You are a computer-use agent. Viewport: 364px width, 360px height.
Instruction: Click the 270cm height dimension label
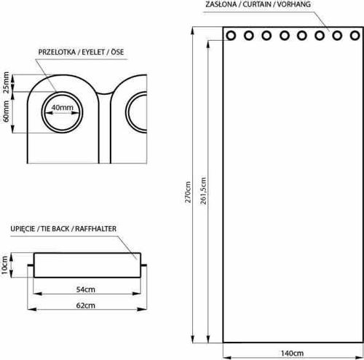click(188, 197)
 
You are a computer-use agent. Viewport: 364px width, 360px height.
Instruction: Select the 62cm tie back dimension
click(87, 305)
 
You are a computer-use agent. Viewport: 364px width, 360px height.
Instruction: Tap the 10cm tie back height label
click(6, 266)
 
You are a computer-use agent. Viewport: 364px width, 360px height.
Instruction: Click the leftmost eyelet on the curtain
click(231, 36)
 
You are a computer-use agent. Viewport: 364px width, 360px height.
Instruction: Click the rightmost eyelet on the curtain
click(354, 36)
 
